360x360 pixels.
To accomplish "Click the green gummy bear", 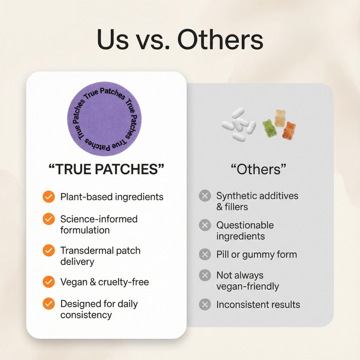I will [269, 128].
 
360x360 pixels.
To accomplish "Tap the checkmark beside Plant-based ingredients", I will [48, 196].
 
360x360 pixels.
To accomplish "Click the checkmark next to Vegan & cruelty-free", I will [48, 282].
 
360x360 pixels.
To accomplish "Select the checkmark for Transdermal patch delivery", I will [48, 250].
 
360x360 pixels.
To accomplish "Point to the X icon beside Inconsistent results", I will [204, 304].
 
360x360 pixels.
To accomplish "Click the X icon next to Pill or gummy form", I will [204, 254].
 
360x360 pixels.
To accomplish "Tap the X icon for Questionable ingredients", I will [204, 225].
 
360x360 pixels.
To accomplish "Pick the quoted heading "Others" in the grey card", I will [258, 169].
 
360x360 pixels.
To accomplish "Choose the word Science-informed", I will [99, 219].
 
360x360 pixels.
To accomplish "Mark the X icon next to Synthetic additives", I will [204, 195].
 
